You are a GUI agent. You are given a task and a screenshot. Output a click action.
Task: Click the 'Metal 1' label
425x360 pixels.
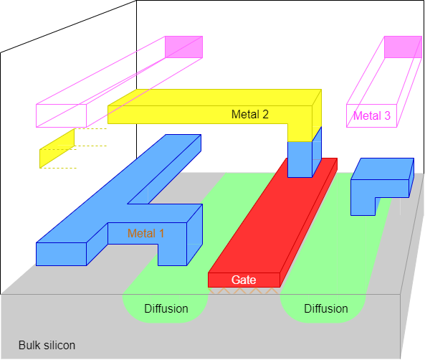pos(146,233)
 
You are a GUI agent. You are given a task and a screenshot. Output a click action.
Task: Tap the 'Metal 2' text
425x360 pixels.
pos(250,114)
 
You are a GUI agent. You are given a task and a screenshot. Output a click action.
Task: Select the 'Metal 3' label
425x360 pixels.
pos(372,115)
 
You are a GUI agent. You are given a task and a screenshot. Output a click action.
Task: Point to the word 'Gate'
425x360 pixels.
pos(244,280)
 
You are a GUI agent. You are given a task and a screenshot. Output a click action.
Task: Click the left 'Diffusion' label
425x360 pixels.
pos(166,309)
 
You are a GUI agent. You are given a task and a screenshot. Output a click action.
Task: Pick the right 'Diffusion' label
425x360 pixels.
pos(326,309)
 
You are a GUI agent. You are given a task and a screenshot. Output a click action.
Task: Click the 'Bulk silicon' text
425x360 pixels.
pos(47,345)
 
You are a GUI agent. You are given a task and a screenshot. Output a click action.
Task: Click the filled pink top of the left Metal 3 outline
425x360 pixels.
pos(183,47)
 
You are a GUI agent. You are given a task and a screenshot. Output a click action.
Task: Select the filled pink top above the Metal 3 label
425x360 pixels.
pos(403,47)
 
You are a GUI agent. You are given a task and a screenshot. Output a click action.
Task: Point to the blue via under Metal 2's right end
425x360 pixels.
pos(300,158)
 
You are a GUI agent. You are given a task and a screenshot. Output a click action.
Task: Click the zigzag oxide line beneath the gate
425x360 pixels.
pos(244,292)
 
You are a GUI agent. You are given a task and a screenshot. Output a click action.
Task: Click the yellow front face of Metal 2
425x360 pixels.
pos(208,114)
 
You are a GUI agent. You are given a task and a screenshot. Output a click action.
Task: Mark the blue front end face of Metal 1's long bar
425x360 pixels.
pos(62,253)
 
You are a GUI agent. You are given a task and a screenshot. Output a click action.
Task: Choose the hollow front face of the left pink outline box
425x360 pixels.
pos(62,115)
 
